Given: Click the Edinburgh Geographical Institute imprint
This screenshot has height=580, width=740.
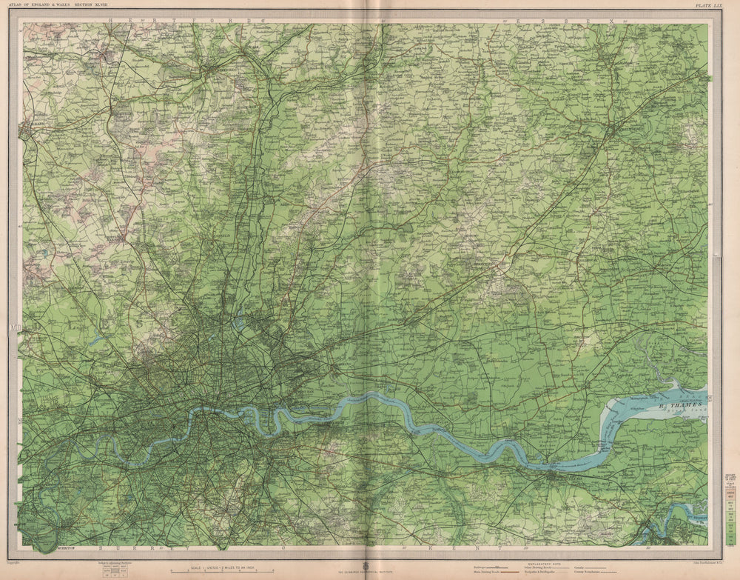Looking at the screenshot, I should (369, 573).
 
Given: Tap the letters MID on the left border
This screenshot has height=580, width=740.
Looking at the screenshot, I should (14, 326).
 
